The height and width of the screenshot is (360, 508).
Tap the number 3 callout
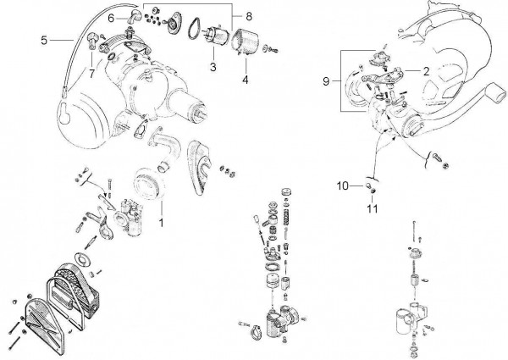point(214,66)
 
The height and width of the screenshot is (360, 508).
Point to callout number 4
point(245,81)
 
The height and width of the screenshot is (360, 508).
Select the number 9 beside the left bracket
point(327,81)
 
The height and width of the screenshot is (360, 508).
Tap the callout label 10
point(342,185)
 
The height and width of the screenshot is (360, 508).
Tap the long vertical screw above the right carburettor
point(412,230)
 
